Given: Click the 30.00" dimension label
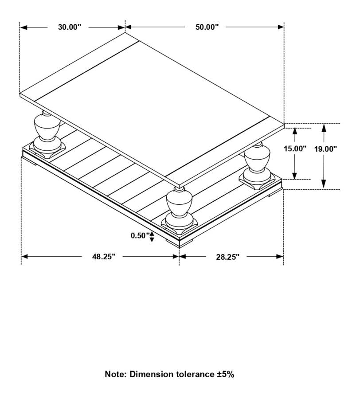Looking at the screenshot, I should [70, 27].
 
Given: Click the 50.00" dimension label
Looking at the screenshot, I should [207, 27].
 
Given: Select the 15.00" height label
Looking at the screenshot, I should [295, 149].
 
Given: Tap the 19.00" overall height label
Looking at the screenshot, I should [326, 149].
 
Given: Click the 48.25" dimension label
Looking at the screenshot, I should [104, 256].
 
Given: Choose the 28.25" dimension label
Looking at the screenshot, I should [228, 256].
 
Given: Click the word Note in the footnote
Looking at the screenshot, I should [115, 374].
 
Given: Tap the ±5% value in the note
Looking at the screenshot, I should [225, 374].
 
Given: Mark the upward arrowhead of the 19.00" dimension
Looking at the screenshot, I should [324, 127].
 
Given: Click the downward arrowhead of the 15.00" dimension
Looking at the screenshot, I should [295, 176].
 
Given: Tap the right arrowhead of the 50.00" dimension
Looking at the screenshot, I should [281, 27].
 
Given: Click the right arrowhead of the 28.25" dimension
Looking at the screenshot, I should [280, 256].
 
